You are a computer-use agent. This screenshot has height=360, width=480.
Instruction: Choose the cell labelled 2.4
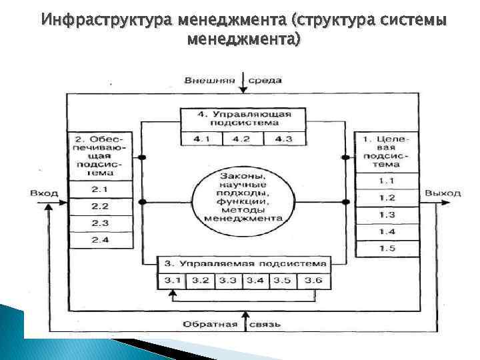pos(100,239)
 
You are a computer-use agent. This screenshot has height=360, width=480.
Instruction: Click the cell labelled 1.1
pos(387,181)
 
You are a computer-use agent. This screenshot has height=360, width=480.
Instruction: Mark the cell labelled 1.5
pos(387,248)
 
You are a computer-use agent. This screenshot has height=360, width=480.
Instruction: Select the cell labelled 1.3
pos(387,215)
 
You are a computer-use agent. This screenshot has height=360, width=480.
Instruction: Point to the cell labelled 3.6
pos(313,281)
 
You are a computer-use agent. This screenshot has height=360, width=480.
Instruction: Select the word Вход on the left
pos(44,193)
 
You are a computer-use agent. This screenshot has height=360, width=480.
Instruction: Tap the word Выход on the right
pos(443,193)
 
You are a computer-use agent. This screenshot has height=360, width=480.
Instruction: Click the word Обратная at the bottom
pos(212,325)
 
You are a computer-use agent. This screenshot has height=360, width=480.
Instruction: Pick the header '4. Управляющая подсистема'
pos(245,119)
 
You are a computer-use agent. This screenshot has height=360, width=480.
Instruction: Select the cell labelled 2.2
pos(100,207)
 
